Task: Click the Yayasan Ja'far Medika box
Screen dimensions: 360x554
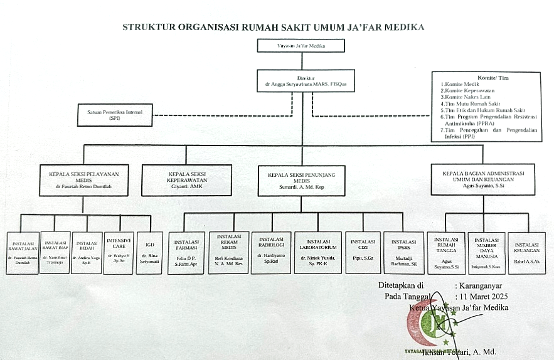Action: [301, 46]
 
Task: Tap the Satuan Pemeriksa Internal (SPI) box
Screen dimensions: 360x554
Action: [115, 115]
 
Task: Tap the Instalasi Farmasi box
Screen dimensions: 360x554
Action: [186, 252]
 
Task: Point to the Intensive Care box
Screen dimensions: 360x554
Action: [119, 252]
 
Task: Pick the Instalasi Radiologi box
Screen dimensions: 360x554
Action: [270, 252]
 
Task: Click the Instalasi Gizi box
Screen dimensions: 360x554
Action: [363, 252]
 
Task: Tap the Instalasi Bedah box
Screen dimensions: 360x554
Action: [86, 252]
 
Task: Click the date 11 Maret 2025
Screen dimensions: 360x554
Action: [482, 296]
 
